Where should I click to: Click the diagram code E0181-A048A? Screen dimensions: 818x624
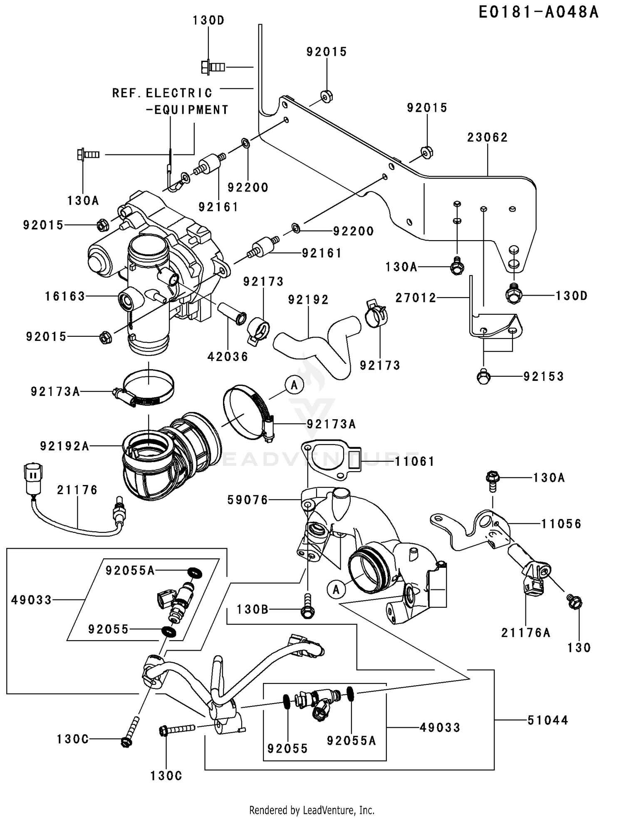pos(538,12)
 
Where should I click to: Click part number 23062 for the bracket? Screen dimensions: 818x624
pos(487,137)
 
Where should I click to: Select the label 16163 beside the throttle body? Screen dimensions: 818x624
pos(65,296)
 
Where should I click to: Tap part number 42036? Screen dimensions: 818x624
pos(228,356)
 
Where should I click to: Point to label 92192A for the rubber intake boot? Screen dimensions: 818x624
pos(64,446)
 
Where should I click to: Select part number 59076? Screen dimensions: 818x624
pos(248,500)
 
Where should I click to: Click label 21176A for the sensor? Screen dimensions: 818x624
pos(526,633)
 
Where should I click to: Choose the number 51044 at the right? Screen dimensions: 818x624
pos(547,720)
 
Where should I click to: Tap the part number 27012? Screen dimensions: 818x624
pos(416,298)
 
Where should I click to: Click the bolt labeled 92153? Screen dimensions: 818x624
pos(483,377)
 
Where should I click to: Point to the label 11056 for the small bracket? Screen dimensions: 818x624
pos(561,524)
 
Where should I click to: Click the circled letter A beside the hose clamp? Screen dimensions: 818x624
pos(294,385)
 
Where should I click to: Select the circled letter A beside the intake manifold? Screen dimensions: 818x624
pos(336,589)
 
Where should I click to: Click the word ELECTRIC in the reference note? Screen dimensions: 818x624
pos(179,93)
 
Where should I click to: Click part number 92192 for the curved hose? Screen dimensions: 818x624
pos(308,300)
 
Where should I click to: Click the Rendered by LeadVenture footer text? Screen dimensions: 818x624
pos(312,810)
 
